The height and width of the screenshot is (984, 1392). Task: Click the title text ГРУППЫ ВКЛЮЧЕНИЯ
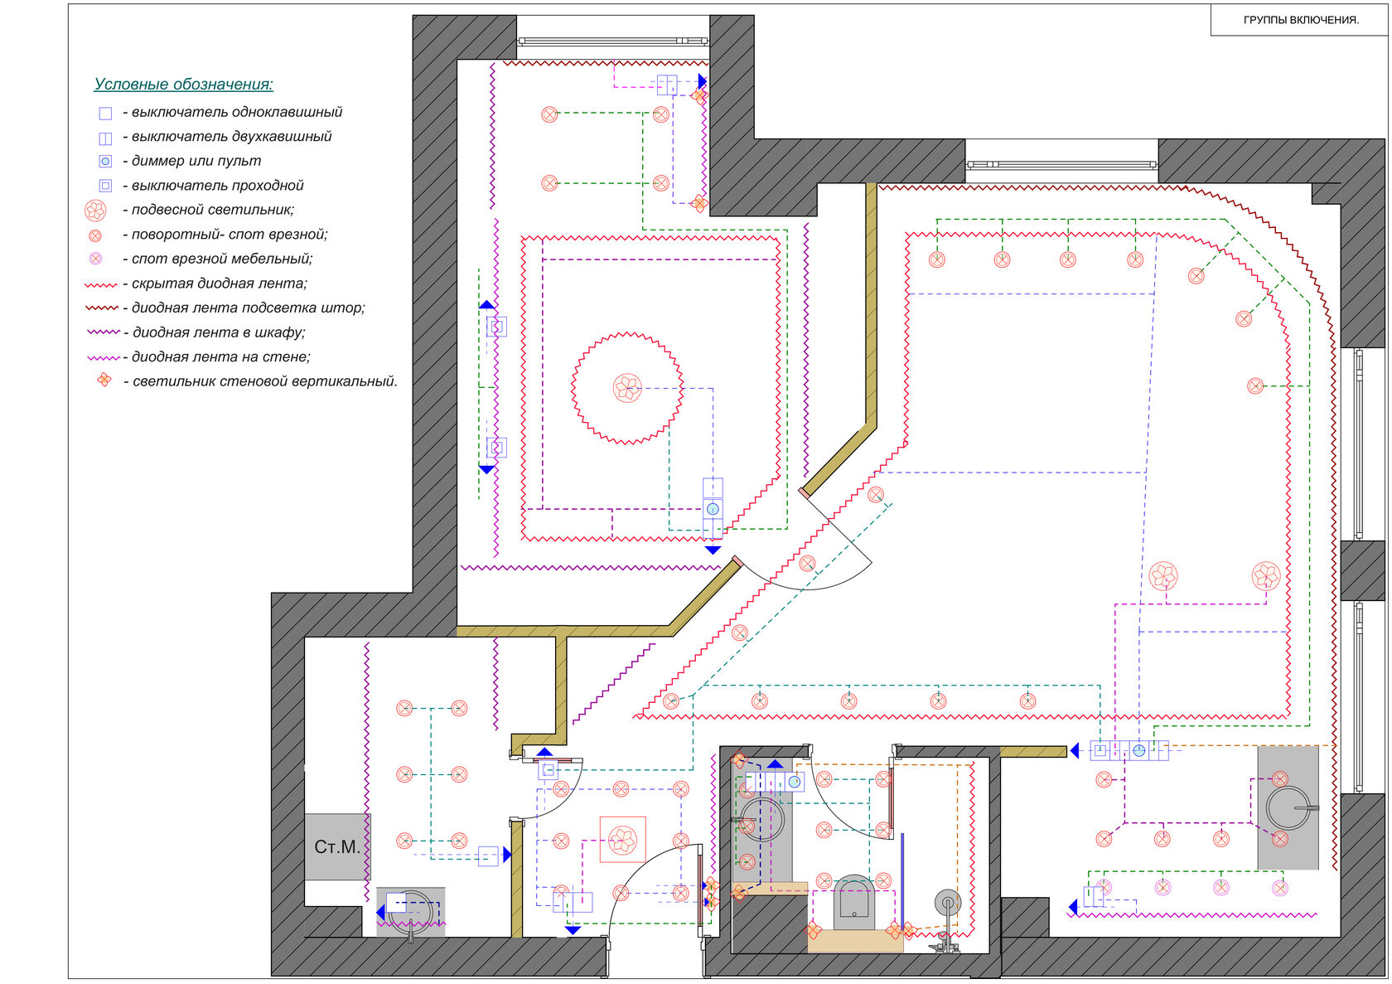pos(1301,20)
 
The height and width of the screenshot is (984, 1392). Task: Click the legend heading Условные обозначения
pos(183,84)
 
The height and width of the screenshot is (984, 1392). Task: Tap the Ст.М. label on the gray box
pos(336,846)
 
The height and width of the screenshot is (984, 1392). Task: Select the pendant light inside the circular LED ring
pos(627,389)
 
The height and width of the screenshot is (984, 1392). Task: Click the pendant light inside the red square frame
pos(622,840)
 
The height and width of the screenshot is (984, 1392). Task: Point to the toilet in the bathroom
pos(853,903)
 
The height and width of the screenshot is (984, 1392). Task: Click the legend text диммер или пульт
pos(196,160)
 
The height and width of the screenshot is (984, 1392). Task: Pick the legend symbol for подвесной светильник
pos(95,210)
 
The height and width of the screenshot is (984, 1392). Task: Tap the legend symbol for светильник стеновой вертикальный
pos(104,380)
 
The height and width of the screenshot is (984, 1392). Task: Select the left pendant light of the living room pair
pos(1162,576)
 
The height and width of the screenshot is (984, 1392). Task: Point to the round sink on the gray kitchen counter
pos(1288,808)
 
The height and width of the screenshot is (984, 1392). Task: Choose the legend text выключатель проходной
pos(217,185)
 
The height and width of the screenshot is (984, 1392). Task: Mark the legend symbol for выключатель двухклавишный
pos(106,138)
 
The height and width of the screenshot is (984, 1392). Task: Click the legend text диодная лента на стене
pos(220,356)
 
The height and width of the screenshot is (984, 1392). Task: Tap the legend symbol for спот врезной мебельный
pos(95,259)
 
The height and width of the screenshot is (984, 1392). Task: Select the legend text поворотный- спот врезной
pos(229,235)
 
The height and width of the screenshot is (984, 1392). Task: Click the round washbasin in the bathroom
pos(761,820)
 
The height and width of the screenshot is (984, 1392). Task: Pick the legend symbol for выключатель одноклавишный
pos(106,113)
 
